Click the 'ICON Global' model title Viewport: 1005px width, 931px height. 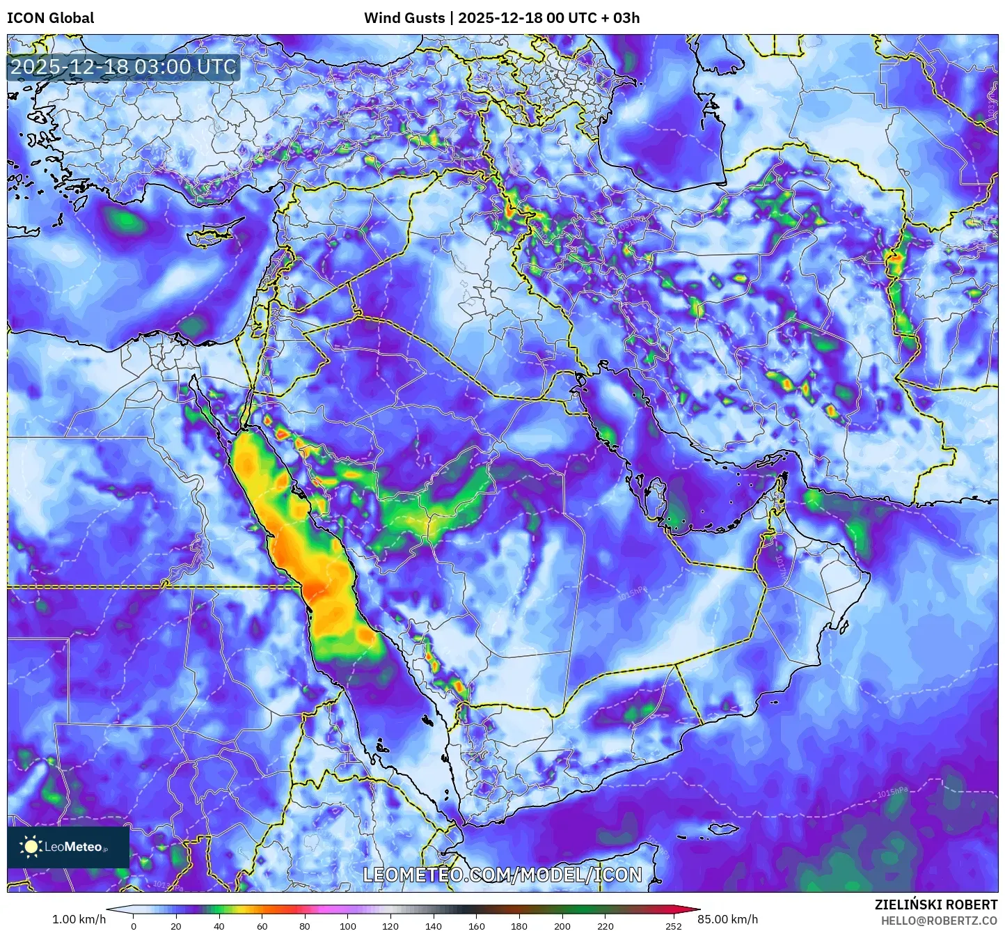click(50, 18)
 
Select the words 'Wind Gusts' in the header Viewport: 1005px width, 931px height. click(404, 18)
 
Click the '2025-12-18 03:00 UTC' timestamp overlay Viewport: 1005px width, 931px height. click(123, 67)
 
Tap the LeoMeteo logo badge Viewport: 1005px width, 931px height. click(68, 847)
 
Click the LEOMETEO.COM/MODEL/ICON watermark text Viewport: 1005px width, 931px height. click(502, 875)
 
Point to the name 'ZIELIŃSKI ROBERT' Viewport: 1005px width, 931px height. click(936, 905)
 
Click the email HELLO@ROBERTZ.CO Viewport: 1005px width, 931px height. click(939, 921)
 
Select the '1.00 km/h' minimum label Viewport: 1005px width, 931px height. click(79, 919)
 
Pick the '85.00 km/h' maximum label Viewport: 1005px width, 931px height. click(727, 919)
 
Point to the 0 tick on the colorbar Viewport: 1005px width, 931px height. click(134, 926)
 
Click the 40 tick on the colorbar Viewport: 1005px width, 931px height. click(219, 926)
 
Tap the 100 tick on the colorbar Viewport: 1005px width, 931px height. click(347, 926)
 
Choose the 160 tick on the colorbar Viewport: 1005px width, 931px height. click(476, 926)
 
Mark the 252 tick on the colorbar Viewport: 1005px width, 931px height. click(673, 926)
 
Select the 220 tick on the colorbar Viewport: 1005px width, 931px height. click(605, 926)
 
